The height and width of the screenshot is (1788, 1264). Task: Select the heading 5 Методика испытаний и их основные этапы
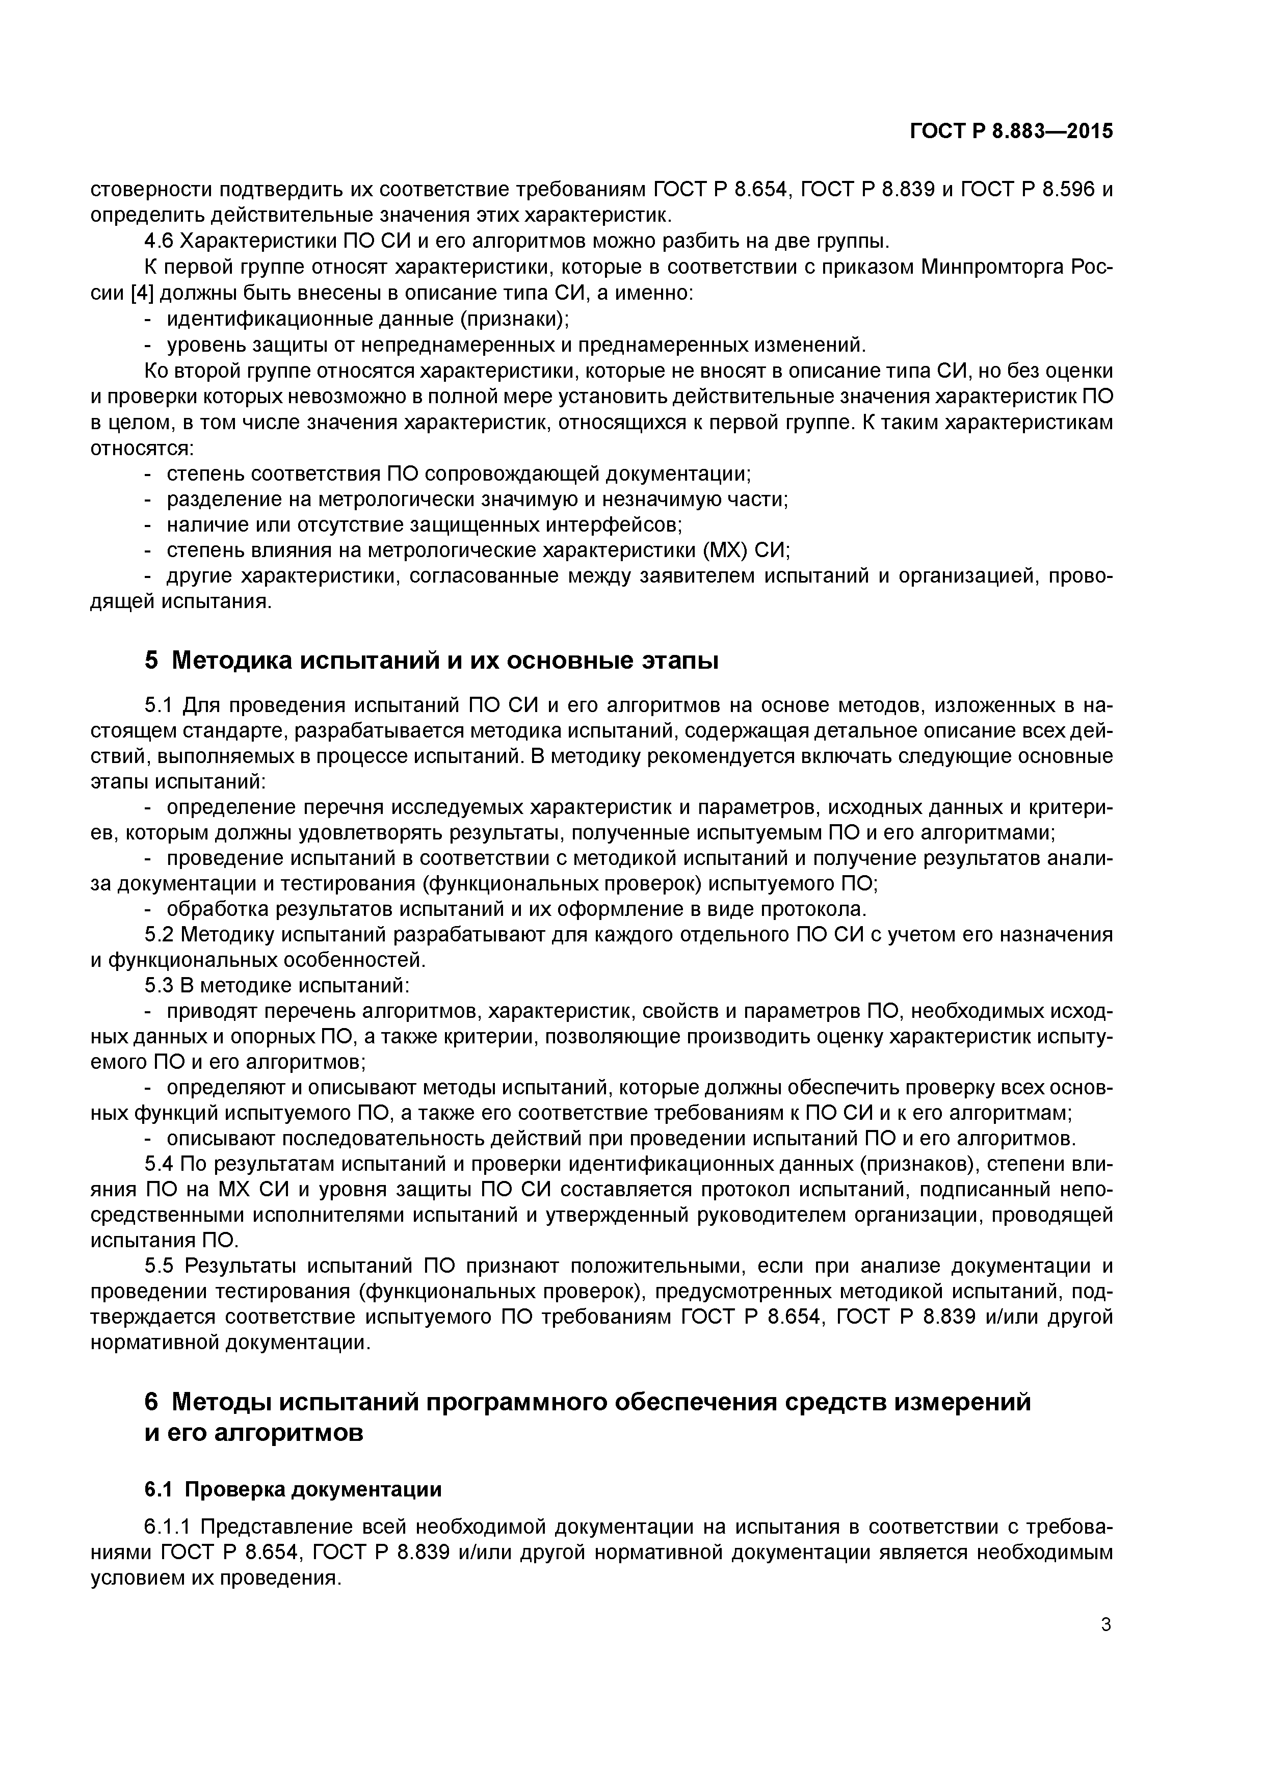point(431,661)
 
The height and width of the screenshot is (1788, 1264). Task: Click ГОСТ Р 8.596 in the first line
point(1026,189)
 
